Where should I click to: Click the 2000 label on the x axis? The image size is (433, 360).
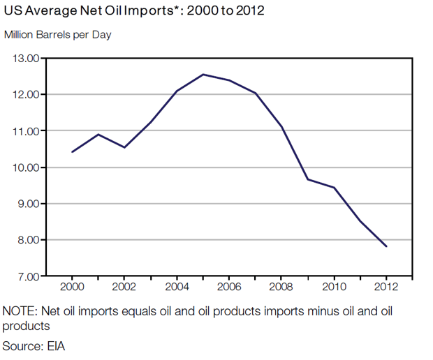pyautogui.click(x=72, y=287)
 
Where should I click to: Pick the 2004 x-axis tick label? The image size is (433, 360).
pyautogui.click(x=177, y=287)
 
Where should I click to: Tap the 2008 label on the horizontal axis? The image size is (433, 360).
pyautogui.click(x=281, y=287)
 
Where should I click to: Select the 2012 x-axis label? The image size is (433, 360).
pyautogui.click(x=386, y=287)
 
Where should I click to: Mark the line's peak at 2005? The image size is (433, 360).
pyautogui.click(x=203, y=74)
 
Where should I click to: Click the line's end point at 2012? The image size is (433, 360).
pyautogui.click(x=386, y=246)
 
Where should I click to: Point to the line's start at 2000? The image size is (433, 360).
pyautogui.click(x=72, y=151)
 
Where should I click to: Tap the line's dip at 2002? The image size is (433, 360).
pyautogui.click(x=124, y=147)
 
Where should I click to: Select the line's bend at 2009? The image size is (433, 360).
pyautogui.click(x=308, y=179)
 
